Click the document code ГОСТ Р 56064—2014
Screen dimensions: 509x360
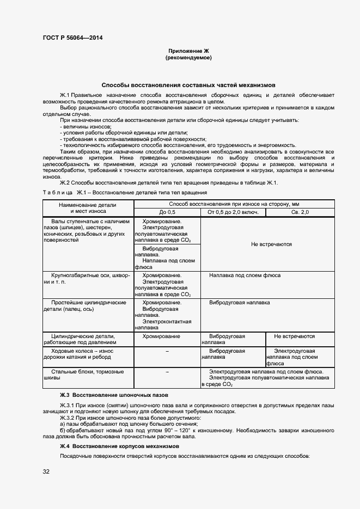72,38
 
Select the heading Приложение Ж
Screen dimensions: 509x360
188,50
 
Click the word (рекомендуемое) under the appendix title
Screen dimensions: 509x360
188,57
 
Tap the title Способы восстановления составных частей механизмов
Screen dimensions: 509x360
189,85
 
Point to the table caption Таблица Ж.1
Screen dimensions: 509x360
125,193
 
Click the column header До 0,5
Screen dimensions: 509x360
167,212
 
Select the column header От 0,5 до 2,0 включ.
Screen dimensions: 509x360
233,212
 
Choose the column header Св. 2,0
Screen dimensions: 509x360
300,212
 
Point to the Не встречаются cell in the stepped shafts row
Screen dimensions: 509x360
271,244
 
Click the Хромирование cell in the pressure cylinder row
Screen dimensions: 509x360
161,336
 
